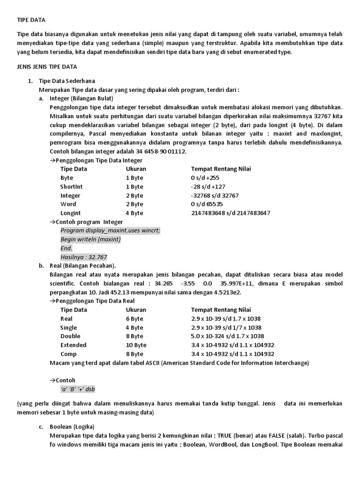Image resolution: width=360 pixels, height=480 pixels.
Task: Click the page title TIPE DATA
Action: coord(30,20)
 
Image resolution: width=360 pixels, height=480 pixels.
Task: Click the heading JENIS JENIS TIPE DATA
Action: coord(47,67)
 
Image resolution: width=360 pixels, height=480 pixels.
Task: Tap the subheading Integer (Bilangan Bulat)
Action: coord(81,98)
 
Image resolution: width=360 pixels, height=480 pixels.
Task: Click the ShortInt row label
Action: coord(71,187)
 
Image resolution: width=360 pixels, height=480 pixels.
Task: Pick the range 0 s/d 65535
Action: coord(207,204)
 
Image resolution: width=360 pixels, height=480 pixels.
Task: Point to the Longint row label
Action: coord(71,213)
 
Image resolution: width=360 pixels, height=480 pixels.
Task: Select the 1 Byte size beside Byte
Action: coord(135,178)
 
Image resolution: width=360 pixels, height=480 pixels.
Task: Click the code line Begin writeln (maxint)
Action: coord(90,240)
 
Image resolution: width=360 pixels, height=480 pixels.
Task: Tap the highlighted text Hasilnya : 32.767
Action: coord(84,257)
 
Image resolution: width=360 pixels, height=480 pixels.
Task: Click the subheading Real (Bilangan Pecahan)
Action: coord(82,266)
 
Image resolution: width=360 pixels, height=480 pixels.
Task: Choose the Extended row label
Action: coord(74,345)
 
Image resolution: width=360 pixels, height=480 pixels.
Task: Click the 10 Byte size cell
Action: coord(136,345)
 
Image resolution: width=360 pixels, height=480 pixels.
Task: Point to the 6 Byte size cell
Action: coord(135,319)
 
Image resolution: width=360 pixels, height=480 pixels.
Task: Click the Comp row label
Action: coord(68,354)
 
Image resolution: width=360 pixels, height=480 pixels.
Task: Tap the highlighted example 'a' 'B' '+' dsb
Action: coord(78,389)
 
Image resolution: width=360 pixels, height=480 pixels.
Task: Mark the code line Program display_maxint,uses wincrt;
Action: coord(110,231)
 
